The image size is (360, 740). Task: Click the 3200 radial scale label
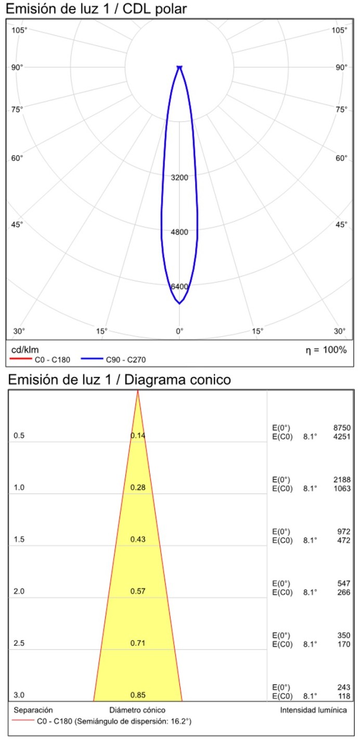179,177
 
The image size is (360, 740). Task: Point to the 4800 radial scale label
179,232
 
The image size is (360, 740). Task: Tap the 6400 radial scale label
179,287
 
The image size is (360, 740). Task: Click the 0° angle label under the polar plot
179,331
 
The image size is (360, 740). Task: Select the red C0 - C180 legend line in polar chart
21,360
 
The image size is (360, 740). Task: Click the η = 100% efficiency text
326,349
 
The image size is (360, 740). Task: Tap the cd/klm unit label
25,349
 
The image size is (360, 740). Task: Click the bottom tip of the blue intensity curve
179,303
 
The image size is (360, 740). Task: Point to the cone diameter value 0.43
138,540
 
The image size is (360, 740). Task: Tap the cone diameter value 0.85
138,695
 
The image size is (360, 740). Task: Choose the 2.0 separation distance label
19,592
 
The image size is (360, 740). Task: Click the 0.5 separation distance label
19,436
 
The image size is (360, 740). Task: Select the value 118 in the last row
344,696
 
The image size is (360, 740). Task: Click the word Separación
33,710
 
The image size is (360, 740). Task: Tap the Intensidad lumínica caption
313,710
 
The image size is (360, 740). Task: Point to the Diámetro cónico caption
137,710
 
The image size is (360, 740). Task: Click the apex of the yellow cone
138,391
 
